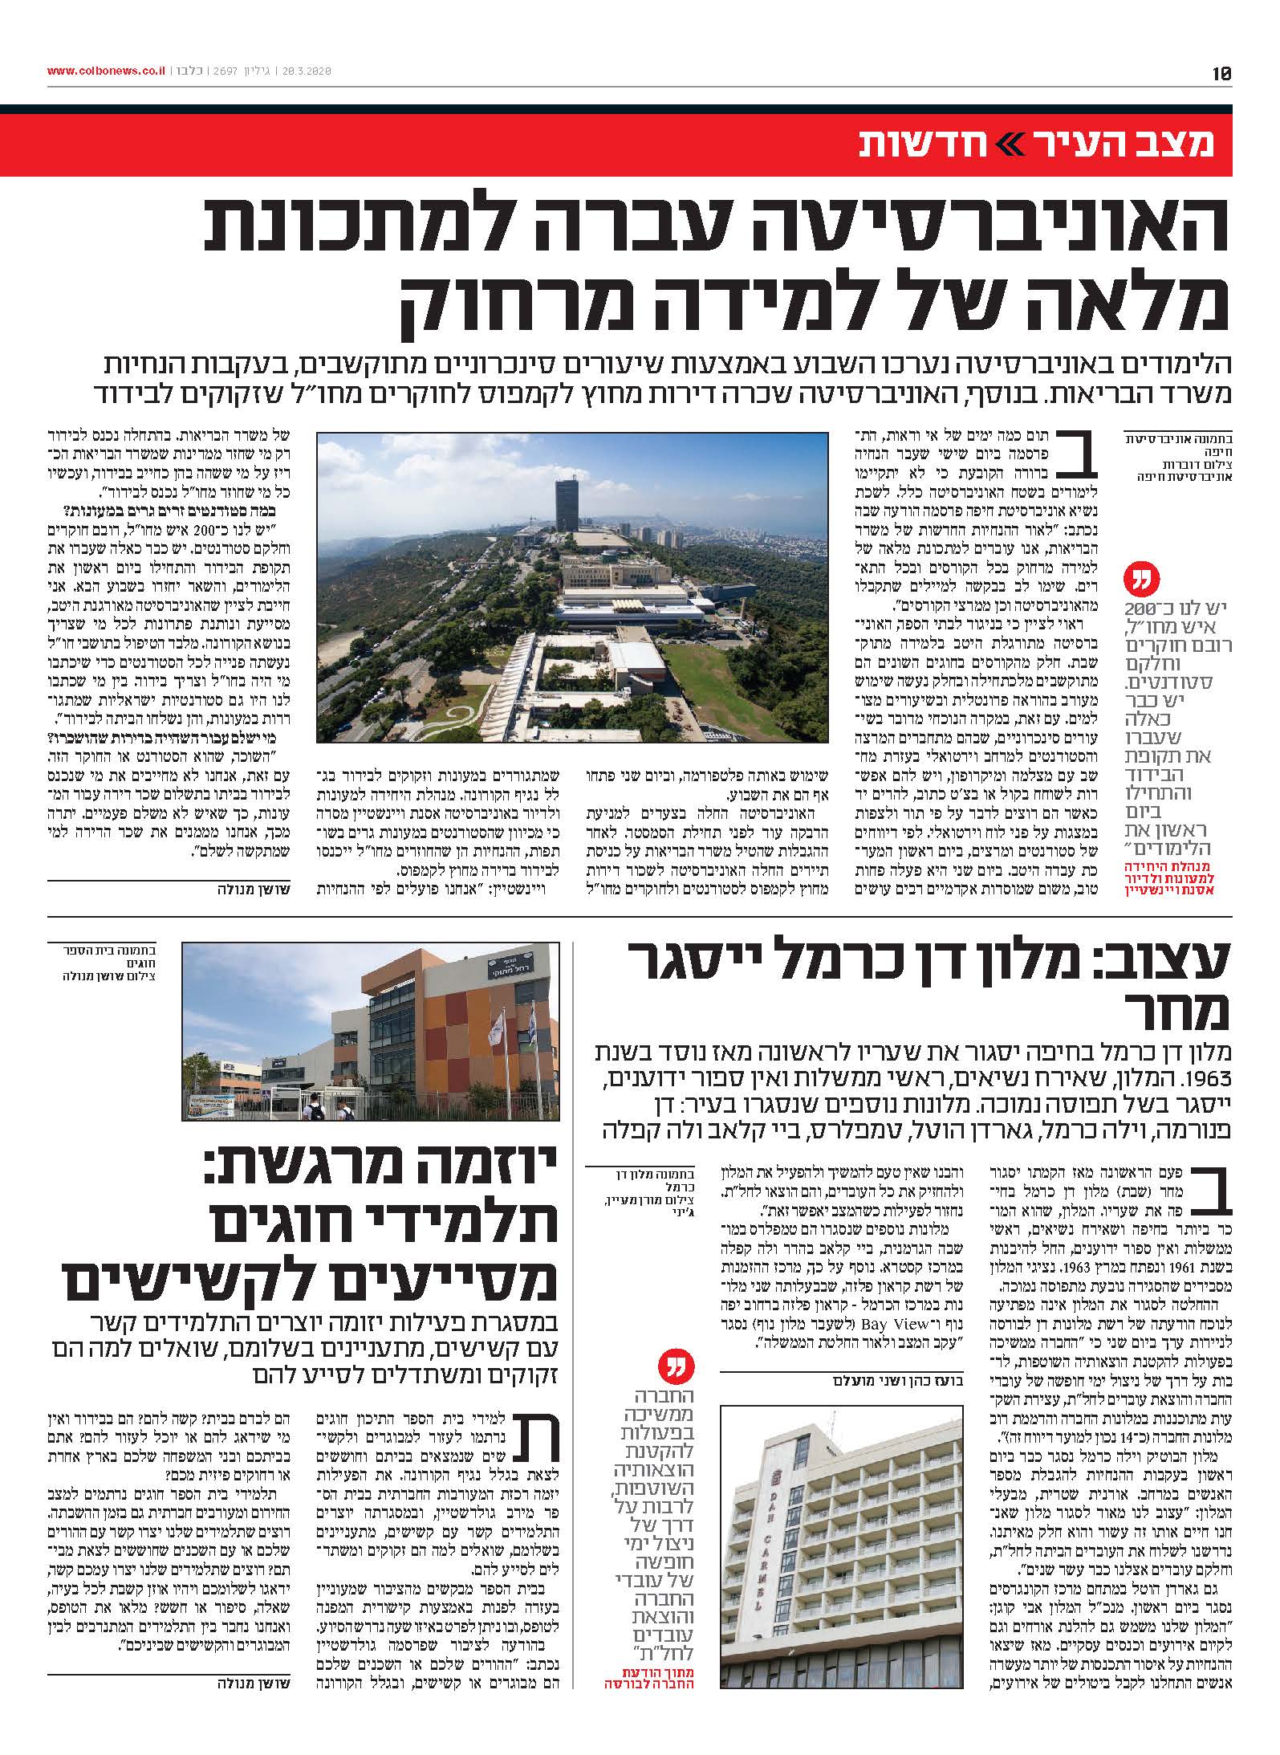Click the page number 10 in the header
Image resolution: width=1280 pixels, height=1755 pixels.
click(1221, 73)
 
